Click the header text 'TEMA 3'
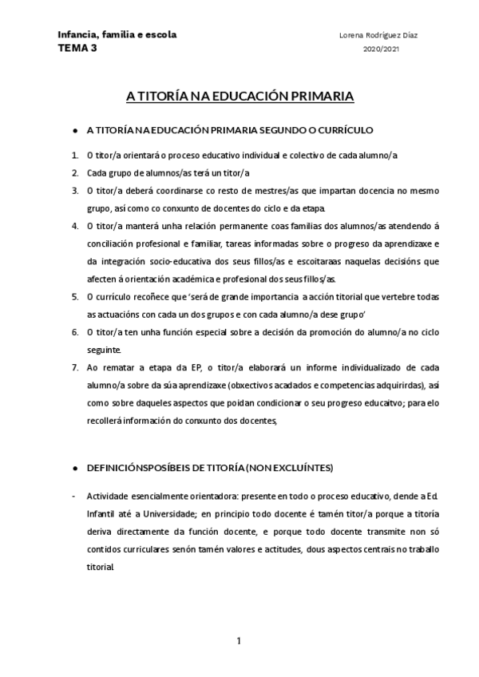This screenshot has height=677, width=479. coord(76,48)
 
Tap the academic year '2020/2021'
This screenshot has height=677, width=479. coord(382,49)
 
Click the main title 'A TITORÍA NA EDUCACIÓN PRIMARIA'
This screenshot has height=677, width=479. coord(240,97)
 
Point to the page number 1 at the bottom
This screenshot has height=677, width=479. coord(239,641)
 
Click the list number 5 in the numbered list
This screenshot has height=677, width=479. coord(74,296)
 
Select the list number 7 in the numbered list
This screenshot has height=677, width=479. coord(74,367)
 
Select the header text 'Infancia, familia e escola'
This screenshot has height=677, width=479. coord(117,35)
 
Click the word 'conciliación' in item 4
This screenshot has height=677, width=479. coord(114,243)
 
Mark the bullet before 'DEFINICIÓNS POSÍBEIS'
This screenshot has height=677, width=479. coord(74,467)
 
